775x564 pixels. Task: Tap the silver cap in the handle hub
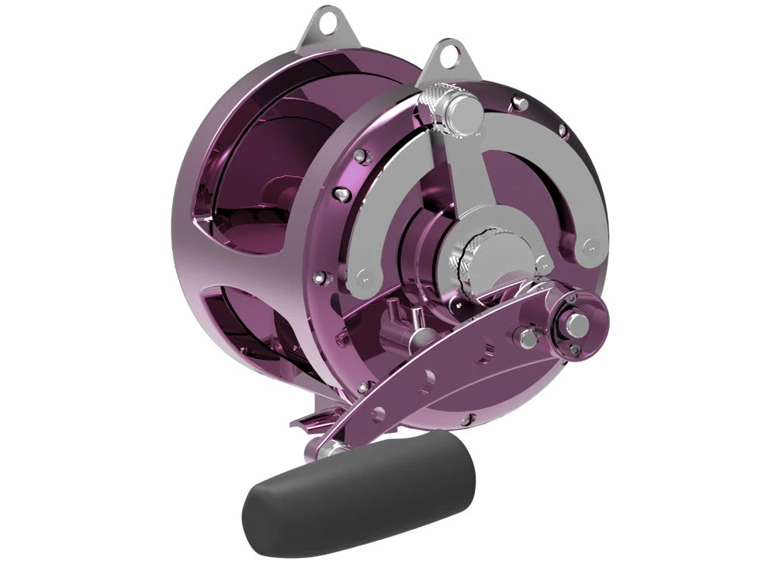(578, 320)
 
